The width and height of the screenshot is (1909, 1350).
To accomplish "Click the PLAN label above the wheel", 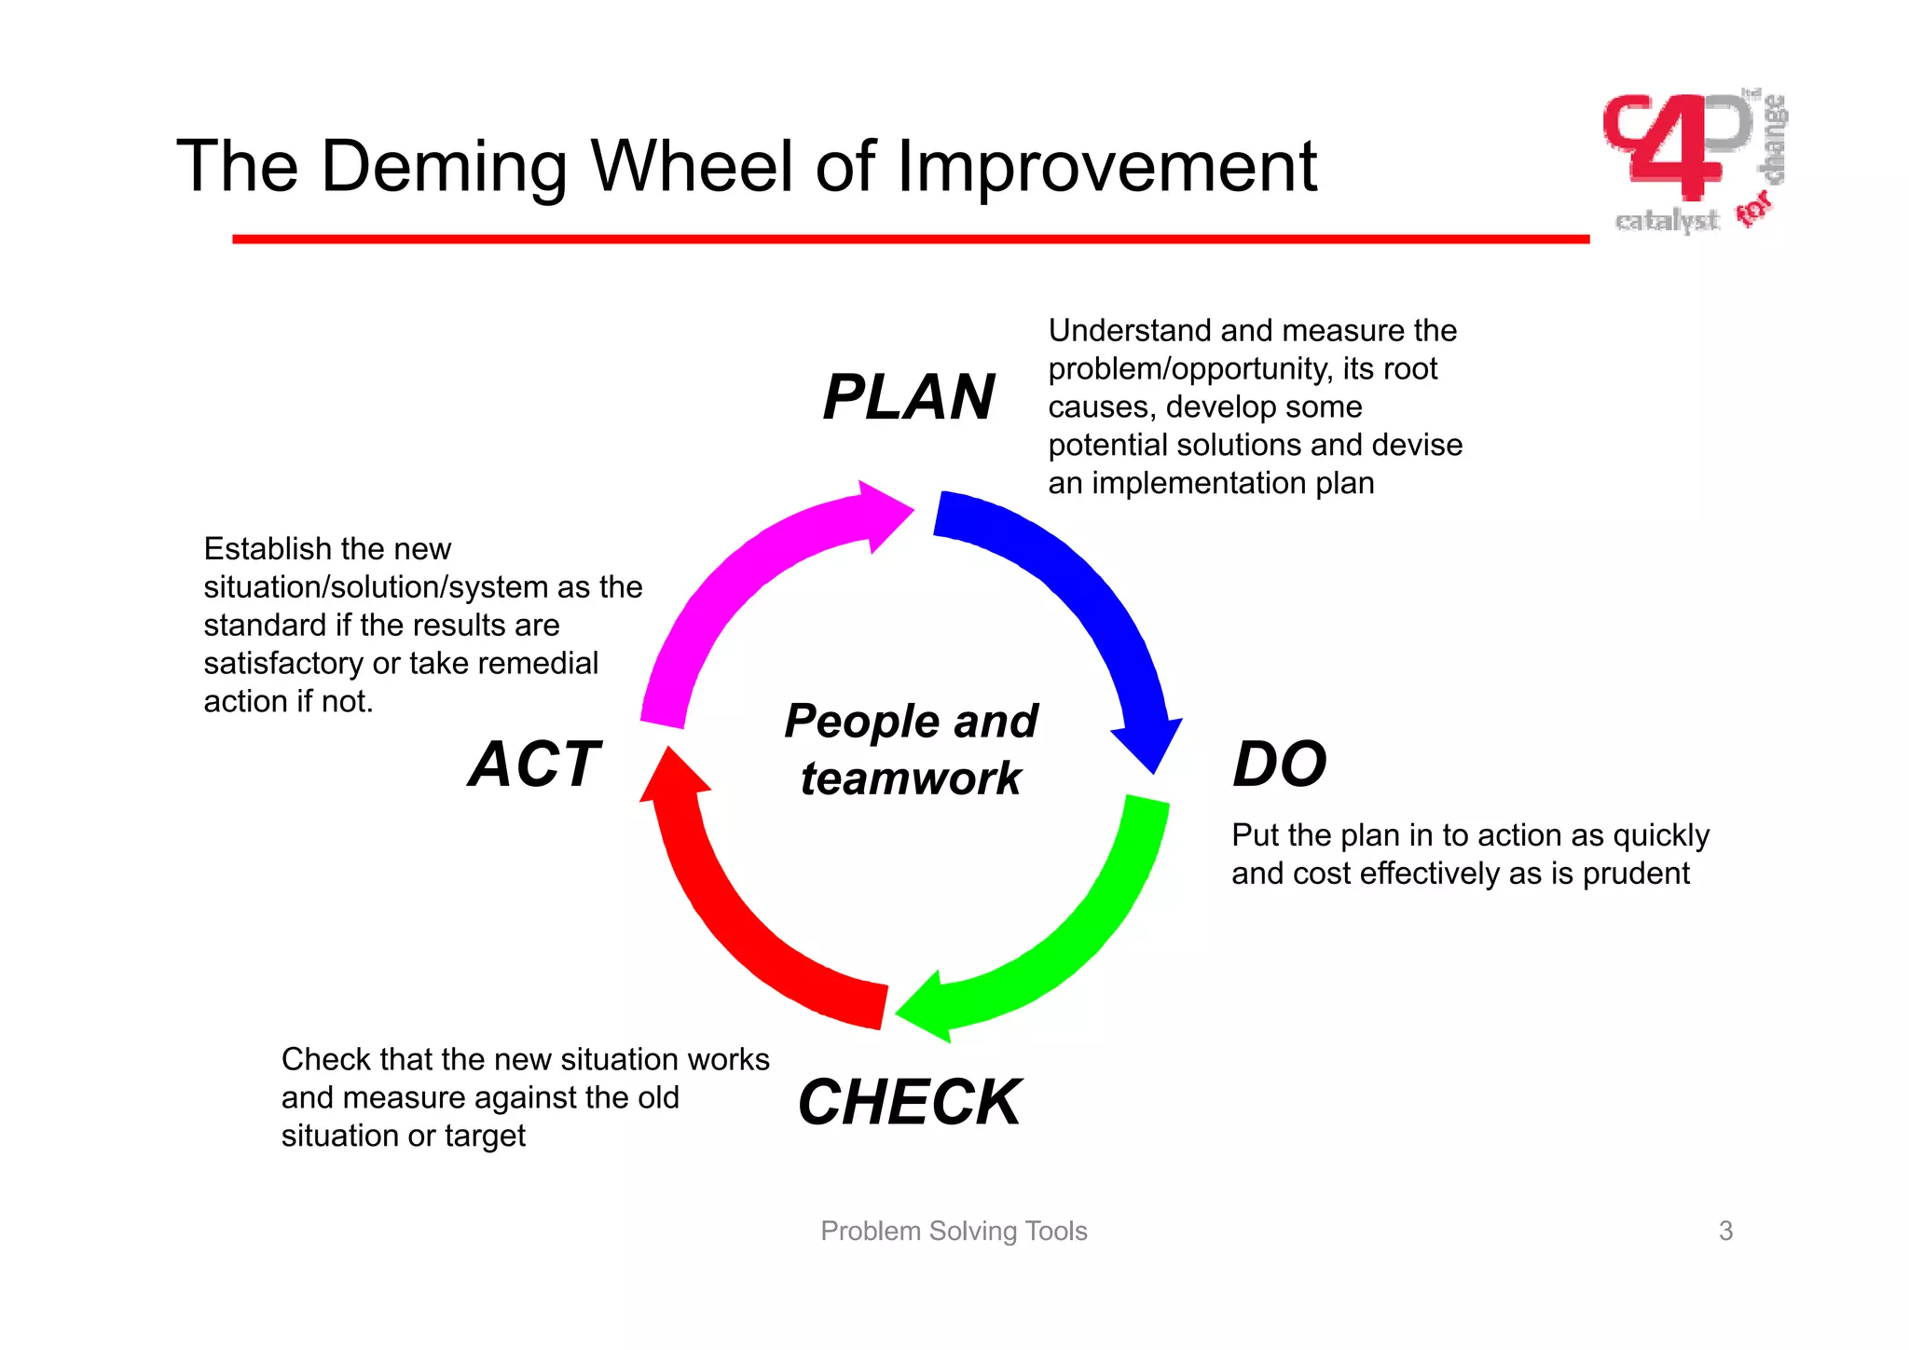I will tap(908, 397).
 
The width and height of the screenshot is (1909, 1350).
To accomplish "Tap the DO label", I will tap(1279, 765).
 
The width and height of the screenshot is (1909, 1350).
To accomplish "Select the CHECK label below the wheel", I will tap(909, 1102).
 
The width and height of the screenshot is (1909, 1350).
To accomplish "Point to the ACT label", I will tap(534, 765).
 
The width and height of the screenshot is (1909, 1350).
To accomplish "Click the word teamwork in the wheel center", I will tap(911, 778).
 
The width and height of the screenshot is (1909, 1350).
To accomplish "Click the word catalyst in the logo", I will tap(1667, 221).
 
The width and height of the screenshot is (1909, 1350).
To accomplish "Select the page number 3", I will tap(1725, 1231).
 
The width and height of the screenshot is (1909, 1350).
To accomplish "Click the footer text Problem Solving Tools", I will tap(954, 1231).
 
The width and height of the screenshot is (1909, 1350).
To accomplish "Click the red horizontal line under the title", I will tap(910, 240).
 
